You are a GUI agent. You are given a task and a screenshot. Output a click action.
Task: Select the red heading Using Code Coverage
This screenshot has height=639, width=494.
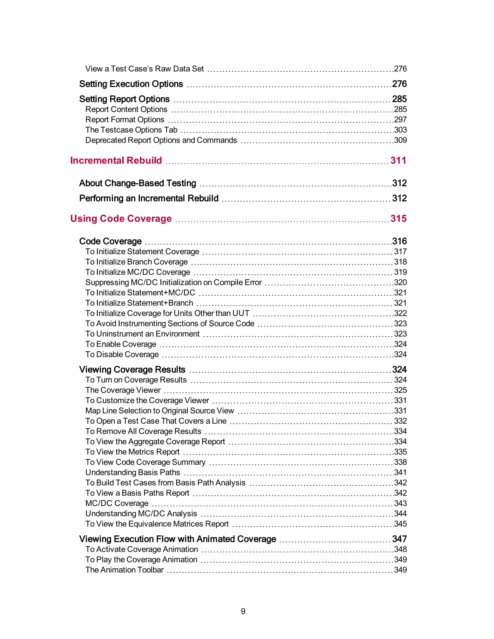[x=121, y=218]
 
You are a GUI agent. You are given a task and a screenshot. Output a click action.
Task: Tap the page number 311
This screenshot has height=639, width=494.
[x=398, y=160]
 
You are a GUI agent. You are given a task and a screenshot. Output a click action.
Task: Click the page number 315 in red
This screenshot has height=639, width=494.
[x=398, y=218]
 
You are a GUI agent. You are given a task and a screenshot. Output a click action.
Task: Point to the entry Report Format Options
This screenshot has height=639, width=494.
[x=125, y=120]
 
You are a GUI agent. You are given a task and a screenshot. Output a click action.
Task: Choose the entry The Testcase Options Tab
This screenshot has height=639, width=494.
[x=131, y=130]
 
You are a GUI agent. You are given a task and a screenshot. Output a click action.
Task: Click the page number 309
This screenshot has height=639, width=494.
[x=400, y=140]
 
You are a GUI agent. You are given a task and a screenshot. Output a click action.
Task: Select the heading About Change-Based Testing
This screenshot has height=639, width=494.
[x=137, y=183]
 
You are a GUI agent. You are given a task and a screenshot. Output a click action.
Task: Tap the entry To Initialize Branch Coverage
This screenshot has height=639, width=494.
[x=136, y=262]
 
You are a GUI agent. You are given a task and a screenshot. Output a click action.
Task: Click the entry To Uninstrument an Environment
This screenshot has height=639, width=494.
[x=142, y=334]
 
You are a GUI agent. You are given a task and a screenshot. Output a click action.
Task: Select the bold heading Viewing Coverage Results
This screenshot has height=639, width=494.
[x=132, y=369]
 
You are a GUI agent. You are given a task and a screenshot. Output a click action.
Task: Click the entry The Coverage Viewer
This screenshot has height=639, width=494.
[x=123, y=390]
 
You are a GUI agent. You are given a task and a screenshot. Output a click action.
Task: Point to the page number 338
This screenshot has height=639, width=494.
[x=400, y=462]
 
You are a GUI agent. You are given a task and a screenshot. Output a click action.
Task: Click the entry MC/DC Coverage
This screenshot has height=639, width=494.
[x=117, y=503]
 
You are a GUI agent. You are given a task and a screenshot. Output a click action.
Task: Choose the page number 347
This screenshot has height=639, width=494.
[x=399, y=539]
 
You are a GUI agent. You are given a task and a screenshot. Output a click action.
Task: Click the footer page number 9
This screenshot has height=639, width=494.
[x=243, y=611]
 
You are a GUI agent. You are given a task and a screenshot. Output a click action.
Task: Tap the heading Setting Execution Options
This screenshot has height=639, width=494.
[x=131, y=84]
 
